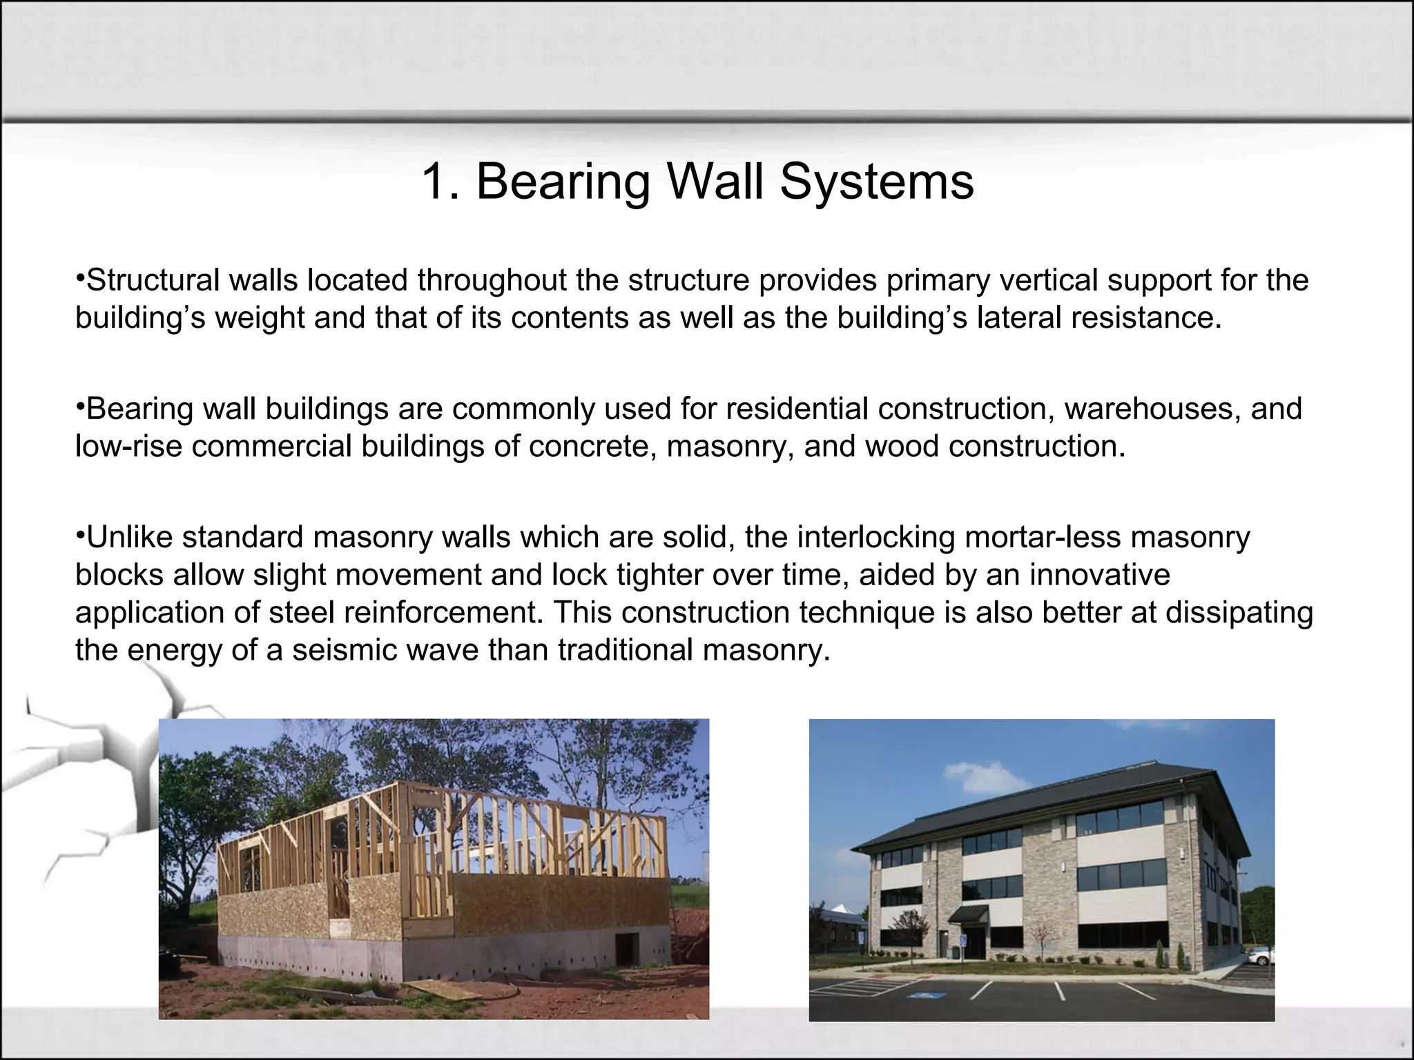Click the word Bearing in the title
point(563,181)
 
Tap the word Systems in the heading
point(877,181)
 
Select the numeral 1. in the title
point(440,181)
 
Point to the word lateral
point(1018,317)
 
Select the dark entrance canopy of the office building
point(968,915)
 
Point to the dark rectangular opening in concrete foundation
point(627,943)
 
